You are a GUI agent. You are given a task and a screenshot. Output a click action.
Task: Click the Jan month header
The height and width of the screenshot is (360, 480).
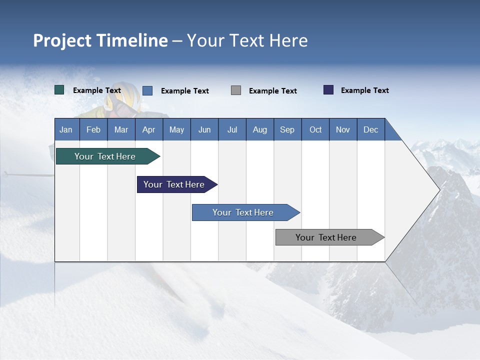66,130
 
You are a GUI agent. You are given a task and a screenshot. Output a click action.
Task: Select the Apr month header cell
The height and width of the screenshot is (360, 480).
148,130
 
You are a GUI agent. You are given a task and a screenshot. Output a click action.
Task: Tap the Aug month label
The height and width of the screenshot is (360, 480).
259,130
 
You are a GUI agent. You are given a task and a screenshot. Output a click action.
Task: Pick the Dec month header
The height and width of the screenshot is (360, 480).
370,130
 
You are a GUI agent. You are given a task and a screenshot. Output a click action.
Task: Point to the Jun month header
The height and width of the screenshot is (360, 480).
204,130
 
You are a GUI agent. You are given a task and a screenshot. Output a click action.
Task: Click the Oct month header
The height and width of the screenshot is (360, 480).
315,130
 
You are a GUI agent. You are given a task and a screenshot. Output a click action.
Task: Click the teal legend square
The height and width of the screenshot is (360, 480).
59,90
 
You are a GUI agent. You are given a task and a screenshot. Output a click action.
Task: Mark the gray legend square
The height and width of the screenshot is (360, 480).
236,90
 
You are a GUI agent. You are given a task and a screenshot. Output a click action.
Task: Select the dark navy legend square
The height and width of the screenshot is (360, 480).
328,90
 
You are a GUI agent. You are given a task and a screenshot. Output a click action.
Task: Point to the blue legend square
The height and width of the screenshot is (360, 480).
147,90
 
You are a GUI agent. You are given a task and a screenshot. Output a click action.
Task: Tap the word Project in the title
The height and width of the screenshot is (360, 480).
62,40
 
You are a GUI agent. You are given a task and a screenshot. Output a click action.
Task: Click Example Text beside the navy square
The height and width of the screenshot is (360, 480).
364,90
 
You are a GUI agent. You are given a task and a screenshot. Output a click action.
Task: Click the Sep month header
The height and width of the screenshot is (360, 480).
287,130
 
